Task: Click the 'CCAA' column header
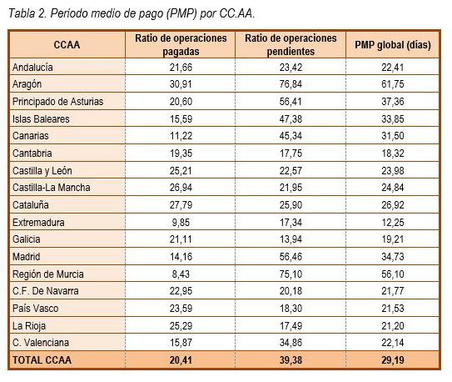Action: [67, 45]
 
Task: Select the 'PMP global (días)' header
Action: [393, 45]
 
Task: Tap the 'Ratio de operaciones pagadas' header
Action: [181, 45]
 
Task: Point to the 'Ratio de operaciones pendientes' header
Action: [291, 45]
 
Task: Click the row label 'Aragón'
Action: [27, 84]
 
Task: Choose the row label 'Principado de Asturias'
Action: [57, 102]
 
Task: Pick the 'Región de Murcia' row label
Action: [47, 274]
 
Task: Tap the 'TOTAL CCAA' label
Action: [42, 360]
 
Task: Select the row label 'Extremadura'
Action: [38, 223]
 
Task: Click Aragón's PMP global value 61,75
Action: [393, 84]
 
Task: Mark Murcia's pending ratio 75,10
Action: [291, 274]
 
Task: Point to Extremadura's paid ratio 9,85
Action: [181, 223]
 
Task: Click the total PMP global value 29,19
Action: [393, 360]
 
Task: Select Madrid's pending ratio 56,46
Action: [291, 257]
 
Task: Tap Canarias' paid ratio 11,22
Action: [181, 136]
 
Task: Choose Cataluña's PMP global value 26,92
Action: [393, 205]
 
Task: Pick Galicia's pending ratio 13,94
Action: [291, 239]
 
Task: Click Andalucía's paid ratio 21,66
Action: [181, 68]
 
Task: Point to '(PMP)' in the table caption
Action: [181, 13]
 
